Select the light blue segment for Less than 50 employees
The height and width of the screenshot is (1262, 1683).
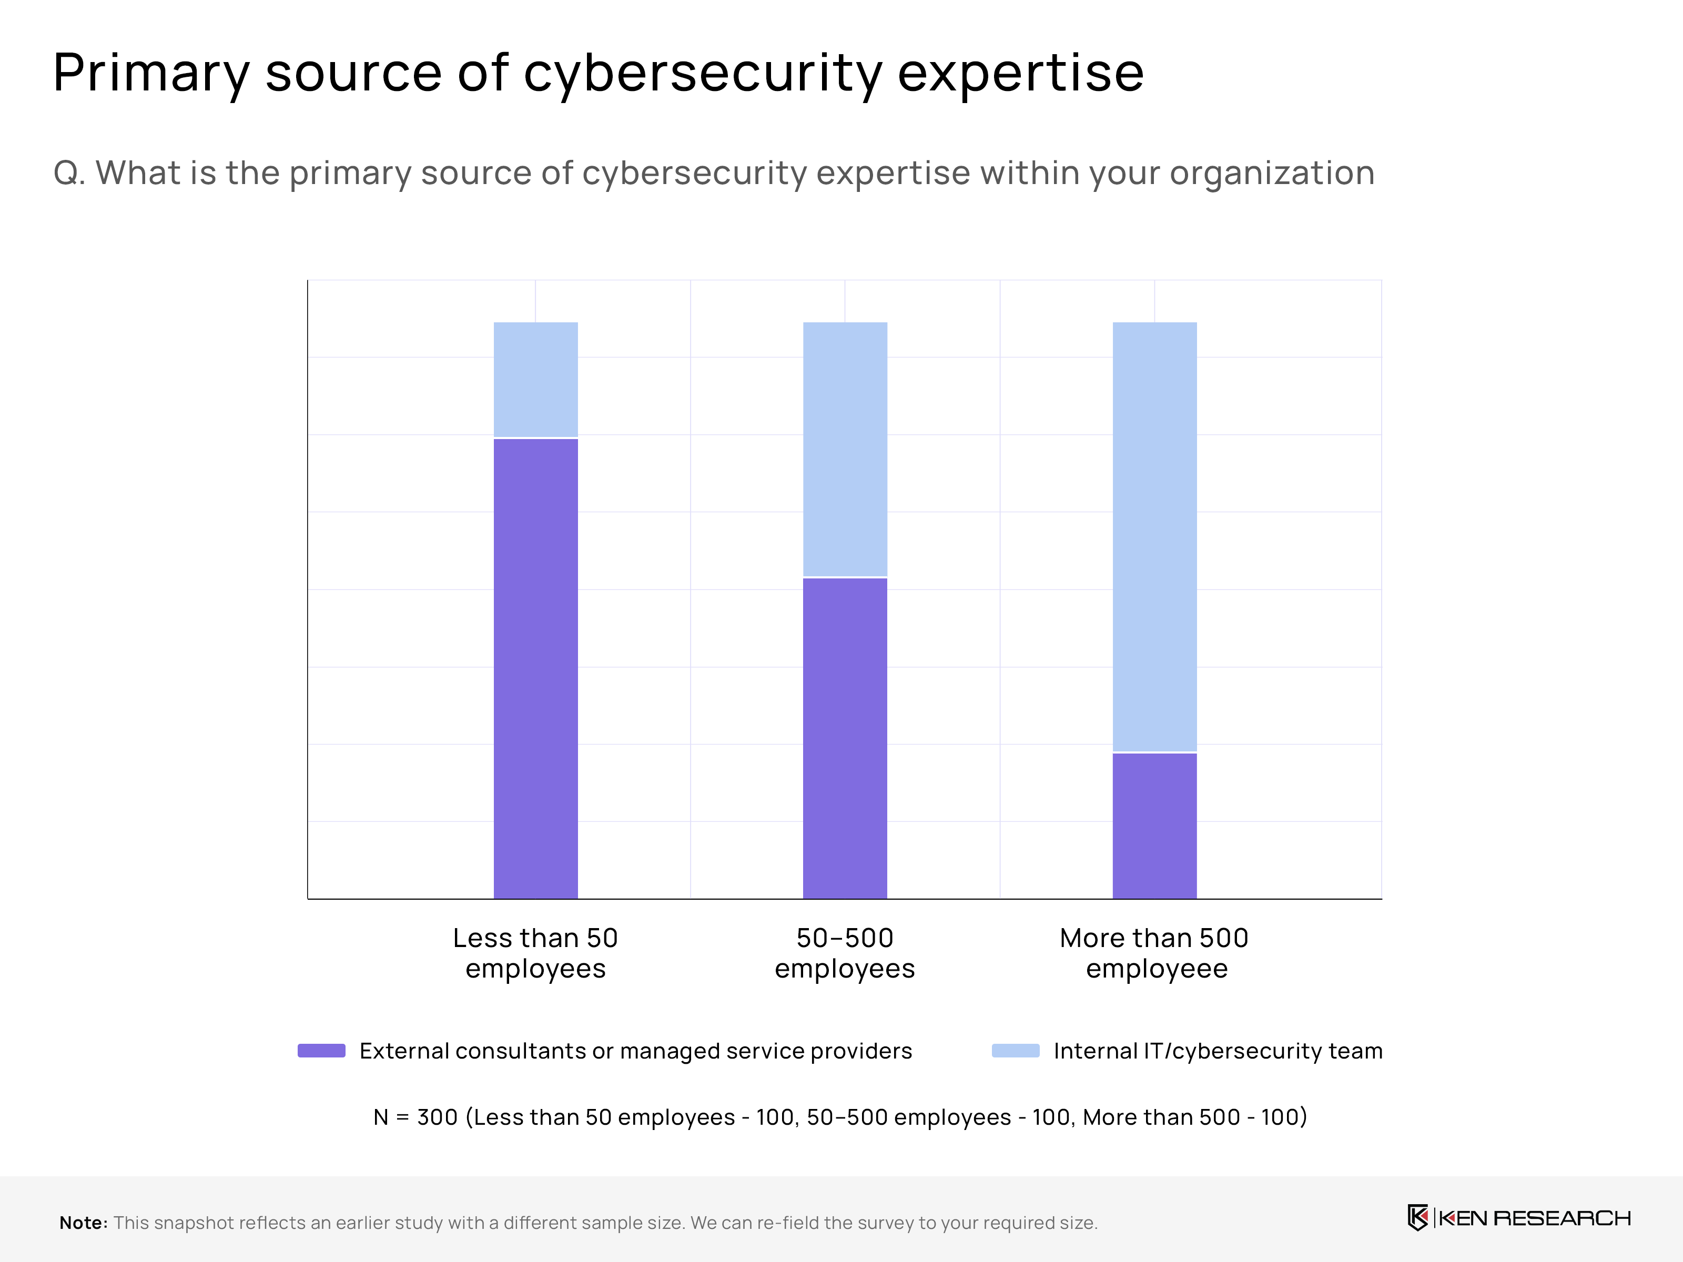click(x=535, y=380)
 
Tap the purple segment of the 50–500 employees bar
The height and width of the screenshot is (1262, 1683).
click(x=845, y=738)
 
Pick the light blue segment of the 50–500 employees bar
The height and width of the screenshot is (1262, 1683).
click(x=845, y=449)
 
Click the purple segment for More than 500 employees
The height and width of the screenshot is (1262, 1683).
click(x=1154, y=826)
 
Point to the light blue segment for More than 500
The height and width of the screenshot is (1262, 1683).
click(x=1154, y=536)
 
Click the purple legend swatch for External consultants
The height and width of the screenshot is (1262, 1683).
click(x=321, y=1051)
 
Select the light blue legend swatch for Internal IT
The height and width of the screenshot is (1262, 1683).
click(x=1015, y=1051)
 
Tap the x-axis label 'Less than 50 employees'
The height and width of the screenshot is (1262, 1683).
click(x=535, y=953)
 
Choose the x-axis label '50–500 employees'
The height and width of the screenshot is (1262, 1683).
click(x=845, y=953)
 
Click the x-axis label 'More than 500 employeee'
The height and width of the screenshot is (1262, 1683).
click(x=1154, y=953)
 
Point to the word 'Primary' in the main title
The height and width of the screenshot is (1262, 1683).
click(x=150, y=74)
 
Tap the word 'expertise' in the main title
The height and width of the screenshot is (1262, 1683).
click(x=1020, y=74)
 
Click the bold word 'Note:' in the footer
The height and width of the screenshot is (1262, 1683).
click(x=84, y=1223)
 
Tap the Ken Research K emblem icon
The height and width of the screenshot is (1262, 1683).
click(x=1417, y=1218)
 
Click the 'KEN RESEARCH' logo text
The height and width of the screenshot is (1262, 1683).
click(x=1534, y=1218)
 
